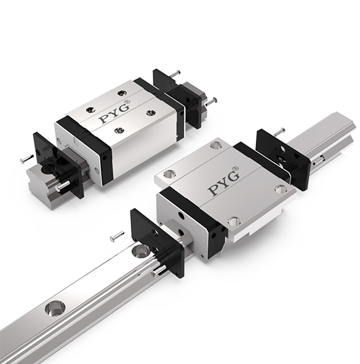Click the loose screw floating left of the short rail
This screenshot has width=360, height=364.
coord(25,159)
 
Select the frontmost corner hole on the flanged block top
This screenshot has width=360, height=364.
coord(233,221)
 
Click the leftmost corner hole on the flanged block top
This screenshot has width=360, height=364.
coord(170,174)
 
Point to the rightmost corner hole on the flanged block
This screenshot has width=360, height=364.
coord(279,189)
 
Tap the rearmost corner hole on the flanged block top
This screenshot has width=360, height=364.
coord(215,145)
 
